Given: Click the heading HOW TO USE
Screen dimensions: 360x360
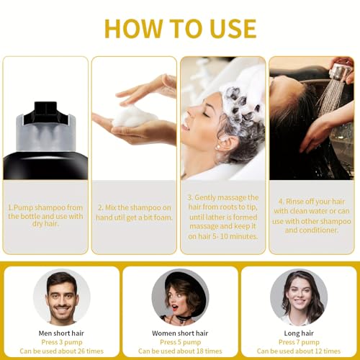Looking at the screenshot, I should (x=179, y=28).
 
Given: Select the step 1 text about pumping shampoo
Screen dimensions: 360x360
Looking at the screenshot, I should (x=45, y=214).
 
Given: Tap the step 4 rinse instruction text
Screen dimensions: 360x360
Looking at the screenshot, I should (x=311, y=214).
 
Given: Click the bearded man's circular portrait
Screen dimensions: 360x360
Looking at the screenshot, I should (x=61, y=297).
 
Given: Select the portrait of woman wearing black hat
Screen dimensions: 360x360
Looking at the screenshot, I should (x=179, y=297).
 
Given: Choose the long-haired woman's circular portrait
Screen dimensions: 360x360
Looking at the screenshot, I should (x=298, y=297).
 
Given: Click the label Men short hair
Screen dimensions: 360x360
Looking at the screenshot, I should (x=61, y=333).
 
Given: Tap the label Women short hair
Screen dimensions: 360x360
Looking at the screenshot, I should (x=179, y=333).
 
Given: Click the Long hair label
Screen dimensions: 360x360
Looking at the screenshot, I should (x=298, y=333).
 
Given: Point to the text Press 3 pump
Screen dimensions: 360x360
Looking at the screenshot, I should (x=61, y=343).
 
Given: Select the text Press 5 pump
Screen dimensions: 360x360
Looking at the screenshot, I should (x=179, y=343).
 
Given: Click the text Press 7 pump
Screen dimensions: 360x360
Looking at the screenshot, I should (x=298, y=343).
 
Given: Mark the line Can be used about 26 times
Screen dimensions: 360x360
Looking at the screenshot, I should (x=61, y=352).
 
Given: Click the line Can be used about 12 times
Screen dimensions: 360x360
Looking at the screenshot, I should (x=298, y=352).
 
